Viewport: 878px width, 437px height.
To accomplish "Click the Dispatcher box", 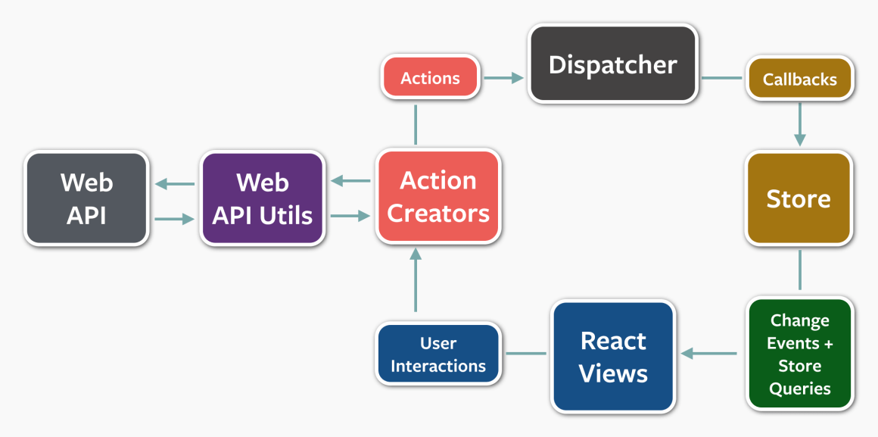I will tap(612, 64).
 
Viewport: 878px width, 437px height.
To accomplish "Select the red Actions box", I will tap(431, 78).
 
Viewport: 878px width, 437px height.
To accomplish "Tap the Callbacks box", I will tap(799, 79).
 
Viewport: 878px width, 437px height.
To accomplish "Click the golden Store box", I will tap(799, 198).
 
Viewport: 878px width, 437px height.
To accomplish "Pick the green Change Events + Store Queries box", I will tap(799, 354).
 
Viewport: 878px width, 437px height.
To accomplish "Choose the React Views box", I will tap(613, 357).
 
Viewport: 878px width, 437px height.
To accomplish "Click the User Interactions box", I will tap(438, 354).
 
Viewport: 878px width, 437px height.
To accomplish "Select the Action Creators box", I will tap(438, 197).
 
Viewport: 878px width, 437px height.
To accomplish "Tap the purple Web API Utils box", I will tap(263, 198).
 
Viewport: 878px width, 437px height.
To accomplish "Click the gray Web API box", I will tap(86, 198).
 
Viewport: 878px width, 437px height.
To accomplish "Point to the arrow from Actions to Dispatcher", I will tap(504, 77).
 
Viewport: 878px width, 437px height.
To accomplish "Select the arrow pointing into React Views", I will tap(709, 353).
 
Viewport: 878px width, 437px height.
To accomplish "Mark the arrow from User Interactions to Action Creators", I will tap(415, 280).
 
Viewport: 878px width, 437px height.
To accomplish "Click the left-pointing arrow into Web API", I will tap(174, 183).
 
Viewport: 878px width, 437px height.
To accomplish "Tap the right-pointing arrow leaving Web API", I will tap(174, 219).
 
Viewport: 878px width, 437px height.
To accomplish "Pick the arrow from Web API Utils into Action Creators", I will tap(350, 216).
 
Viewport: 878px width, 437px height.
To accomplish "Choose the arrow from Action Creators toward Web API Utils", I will tap(350, 180).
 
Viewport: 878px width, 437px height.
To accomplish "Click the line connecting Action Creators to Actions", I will tap(416, 124).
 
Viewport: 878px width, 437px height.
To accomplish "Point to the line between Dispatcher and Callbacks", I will tap(721, 77).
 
